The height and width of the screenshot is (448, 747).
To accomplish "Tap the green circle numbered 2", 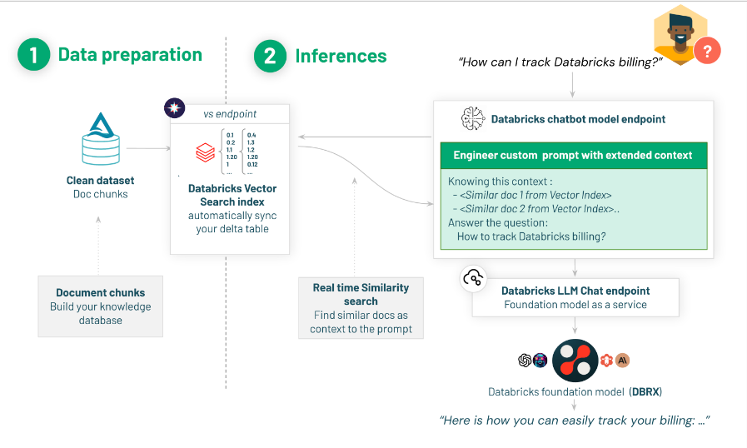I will coord(271,57).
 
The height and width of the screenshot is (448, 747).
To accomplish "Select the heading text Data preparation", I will coord(130,55).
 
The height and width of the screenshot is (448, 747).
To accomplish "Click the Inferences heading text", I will coord(341,57).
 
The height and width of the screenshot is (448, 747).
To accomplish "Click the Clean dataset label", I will coord(100,180).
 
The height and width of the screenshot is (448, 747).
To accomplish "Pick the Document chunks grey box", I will coord(100,306).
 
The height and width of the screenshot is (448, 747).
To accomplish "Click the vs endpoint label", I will coord(230,113).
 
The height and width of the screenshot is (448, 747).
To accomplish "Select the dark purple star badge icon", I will coord(175,107).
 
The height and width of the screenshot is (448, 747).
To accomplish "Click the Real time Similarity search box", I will coord(361,308).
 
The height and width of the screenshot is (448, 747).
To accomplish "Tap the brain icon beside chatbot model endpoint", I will coord(473,119).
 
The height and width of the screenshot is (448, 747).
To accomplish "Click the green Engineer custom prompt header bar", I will coord(573,155).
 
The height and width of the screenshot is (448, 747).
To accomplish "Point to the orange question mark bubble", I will coord(707,51).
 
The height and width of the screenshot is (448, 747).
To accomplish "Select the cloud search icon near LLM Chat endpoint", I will coord(474,279).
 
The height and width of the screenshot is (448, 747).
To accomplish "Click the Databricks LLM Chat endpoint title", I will coord(575,291).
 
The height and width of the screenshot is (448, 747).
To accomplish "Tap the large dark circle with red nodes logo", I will coord(575,361).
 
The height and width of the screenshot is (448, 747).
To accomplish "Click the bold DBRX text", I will coord(645,391).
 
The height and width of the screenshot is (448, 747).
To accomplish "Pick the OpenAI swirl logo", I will coord(525,361).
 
